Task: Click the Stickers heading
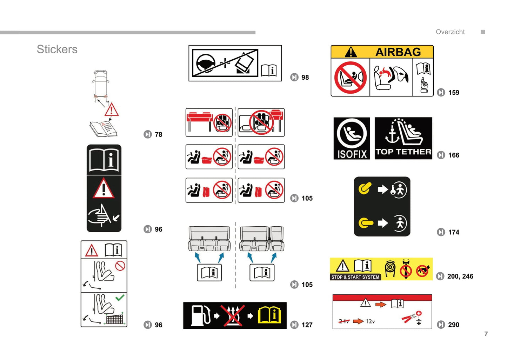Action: pyautogui.click(x=57, y=49)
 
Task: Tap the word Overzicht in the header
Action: pyautogui.click(x=450, y=32)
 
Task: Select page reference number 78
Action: pyautogui.click(x=159, y=134)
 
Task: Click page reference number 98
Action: pyautogui.click(x=305, y=78)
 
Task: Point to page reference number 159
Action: pyautogui.click(x=454, y=93)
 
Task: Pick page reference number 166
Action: pyautogui.click(x=454, y=155)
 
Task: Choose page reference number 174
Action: pyautogui.click(x=454, y=232)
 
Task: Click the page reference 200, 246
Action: pyautogui.click(x=460, y=276)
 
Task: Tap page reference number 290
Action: pyautogui.click(x=454, y=325)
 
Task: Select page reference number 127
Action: pyautogui.click(x=307, y=325)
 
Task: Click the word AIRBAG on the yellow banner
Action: pyautogui.click(x=398, y=52)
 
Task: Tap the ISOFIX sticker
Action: pyautogui.click(x=352, y=138)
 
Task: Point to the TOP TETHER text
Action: pyautogui.click(x=403, y=152)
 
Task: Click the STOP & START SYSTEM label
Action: pyautogui.click(x=355, y=277)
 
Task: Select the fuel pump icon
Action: pyautogui.click(x=201, y=316)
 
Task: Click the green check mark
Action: pyautogui.click(x=120, y=298)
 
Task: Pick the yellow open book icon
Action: pyautogui.click(x=269, y=315)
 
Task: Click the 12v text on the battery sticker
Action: pyautogui.click(x=370, y=321)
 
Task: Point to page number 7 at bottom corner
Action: pyautogui.click(x=486, y=334)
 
